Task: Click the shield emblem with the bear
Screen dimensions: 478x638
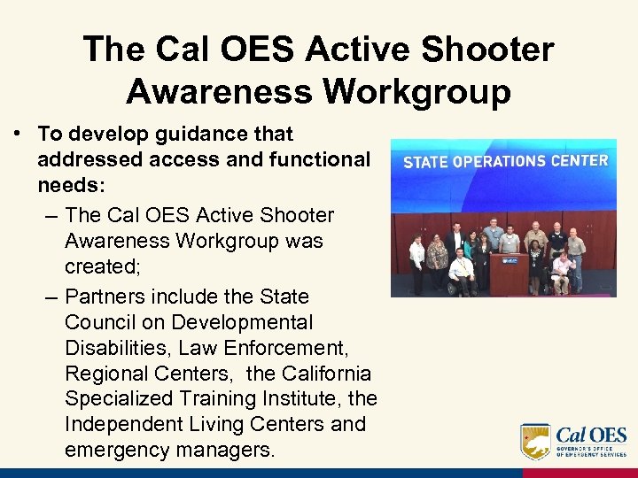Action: click(x=535, y=441)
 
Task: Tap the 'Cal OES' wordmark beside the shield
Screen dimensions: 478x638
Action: click(x=592, y=436)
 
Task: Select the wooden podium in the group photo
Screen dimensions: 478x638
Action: click(x=510, y=276)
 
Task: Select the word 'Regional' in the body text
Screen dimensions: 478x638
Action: click(x=112, y=373)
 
